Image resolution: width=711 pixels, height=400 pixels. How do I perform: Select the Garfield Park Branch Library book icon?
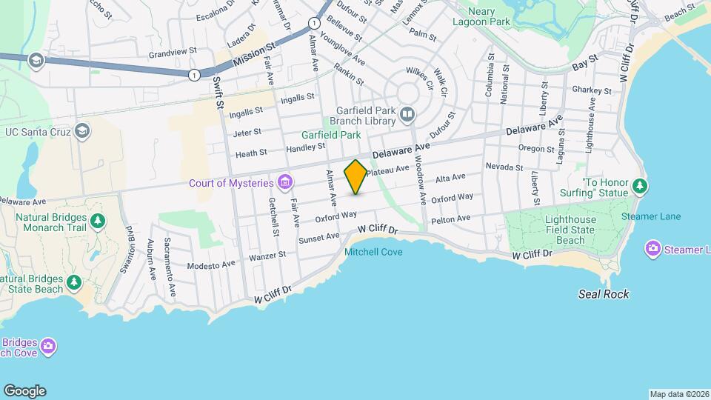tap(407, 115)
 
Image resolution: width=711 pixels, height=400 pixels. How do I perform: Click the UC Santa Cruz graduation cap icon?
tap(82, 131)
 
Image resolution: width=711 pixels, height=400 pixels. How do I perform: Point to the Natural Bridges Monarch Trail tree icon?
tap(97, 221)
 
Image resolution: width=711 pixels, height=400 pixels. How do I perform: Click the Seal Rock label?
tap(604, 295)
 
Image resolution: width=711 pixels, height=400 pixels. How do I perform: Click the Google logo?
tap(24, 391)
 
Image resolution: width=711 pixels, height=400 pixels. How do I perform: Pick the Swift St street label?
tap(218, 93)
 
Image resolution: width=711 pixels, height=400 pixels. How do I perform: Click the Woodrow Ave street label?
tap(420, 182)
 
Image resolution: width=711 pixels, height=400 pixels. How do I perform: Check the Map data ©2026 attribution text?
tap(679, 393)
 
